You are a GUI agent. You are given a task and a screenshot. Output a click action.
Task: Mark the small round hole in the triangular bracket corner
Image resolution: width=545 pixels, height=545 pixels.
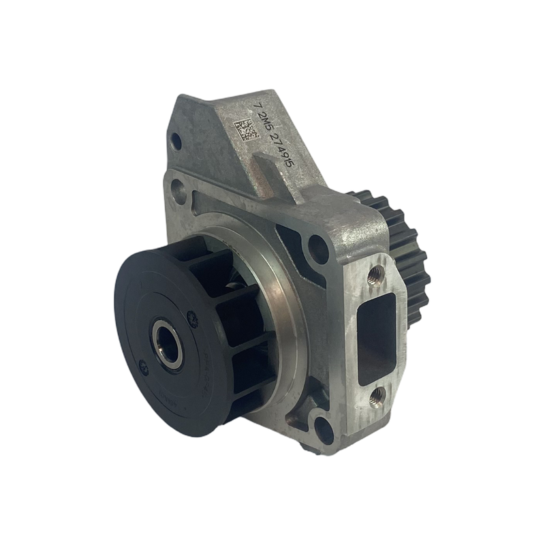pyautogui.click(x=176, y=142)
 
